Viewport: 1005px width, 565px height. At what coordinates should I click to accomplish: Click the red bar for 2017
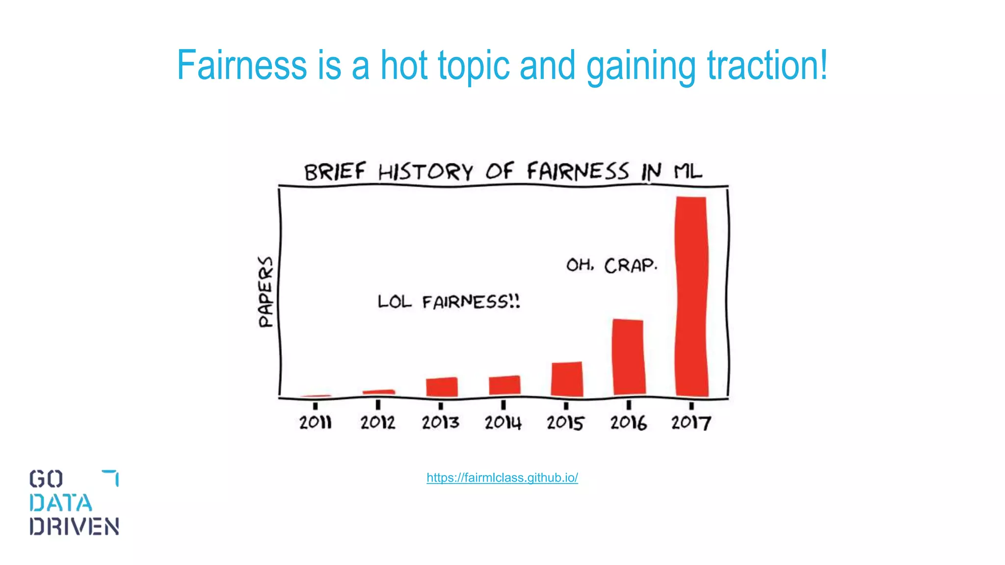click(x=691, y=297)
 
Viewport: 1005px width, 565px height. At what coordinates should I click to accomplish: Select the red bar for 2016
click(x=629, y=357)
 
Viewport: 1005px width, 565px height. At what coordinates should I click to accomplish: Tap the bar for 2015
click(x=567, y=379)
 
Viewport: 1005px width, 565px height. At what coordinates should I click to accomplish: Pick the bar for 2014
click(x=504, y=385)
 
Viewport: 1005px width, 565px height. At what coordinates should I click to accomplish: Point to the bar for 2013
click(x=442, y=387)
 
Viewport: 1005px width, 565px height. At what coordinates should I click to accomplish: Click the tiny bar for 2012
click(x=379, y=392)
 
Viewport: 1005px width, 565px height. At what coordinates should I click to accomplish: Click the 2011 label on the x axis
click(x=316, y=422)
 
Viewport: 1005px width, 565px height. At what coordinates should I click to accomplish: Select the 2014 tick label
click(x=503, y=422)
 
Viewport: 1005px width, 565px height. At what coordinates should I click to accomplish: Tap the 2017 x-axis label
click(x=691, y=422)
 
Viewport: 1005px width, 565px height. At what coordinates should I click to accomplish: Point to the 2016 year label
click(x=628, y=422)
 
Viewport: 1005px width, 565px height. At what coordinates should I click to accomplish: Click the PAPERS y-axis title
click(x=265, y=292)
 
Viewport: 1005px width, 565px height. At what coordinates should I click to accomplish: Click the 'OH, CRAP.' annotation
click(x=611, y=265)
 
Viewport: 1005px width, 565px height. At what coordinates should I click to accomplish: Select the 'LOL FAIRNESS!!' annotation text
click(x=449, y=301)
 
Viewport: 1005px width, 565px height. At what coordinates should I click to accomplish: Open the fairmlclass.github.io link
click(x=502, y=478)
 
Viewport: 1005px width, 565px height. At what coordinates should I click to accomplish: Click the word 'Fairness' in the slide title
click(x=241, y=65)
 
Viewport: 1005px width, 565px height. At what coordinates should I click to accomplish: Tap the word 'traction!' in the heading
click(x=767, y=65)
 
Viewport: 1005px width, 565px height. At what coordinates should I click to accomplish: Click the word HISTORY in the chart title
click(x=425, y=172)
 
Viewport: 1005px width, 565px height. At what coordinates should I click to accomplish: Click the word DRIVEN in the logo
click(x=74, y=526)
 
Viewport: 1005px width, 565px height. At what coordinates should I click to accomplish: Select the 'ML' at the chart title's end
click(x=688, y=171)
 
